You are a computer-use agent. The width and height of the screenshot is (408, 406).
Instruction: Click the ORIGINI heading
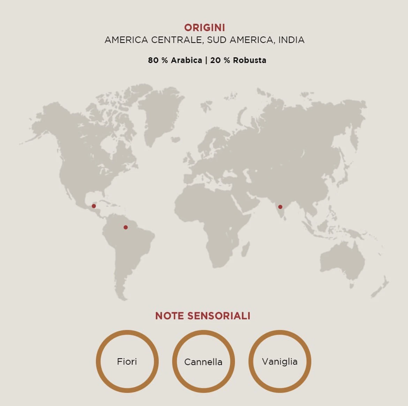tap(204, 28)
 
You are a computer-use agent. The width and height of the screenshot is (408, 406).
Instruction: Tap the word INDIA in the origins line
tap(291, 40)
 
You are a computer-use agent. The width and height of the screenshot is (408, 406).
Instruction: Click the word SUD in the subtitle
tap(216, 40)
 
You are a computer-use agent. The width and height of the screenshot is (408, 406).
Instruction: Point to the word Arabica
tap(186, 60)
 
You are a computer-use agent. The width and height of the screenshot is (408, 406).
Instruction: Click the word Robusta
tap(249, 60)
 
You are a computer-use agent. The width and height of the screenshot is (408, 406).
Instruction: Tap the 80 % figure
tap(158, 60)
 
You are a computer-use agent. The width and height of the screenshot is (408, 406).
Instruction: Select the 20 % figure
tap(220, 60)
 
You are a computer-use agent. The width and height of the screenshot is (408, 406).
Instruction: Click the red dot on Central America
tap(94, 206)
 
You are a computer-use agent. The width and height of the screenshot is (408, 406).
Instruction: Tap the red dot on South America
tap(126, 227)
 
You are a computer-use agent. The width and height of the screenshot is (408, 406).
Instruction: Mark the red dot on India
tap(280, 207)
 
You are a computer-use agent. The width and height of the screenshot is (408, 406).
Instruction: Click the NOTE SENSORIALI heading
tap(203, 316)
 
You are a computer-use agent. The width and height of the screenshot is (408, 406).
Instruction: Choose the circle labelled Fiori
tap(127, 361)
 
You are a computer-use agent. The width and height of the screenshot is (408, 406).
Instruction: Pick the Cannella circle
tap(203, 361)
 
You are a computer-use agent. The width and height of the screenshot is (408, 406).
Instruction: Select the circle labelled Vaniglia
tap(280, 361)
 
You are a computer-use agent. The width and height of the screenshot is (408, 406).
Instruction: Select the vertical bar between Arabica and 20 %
tap(206, 60)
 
